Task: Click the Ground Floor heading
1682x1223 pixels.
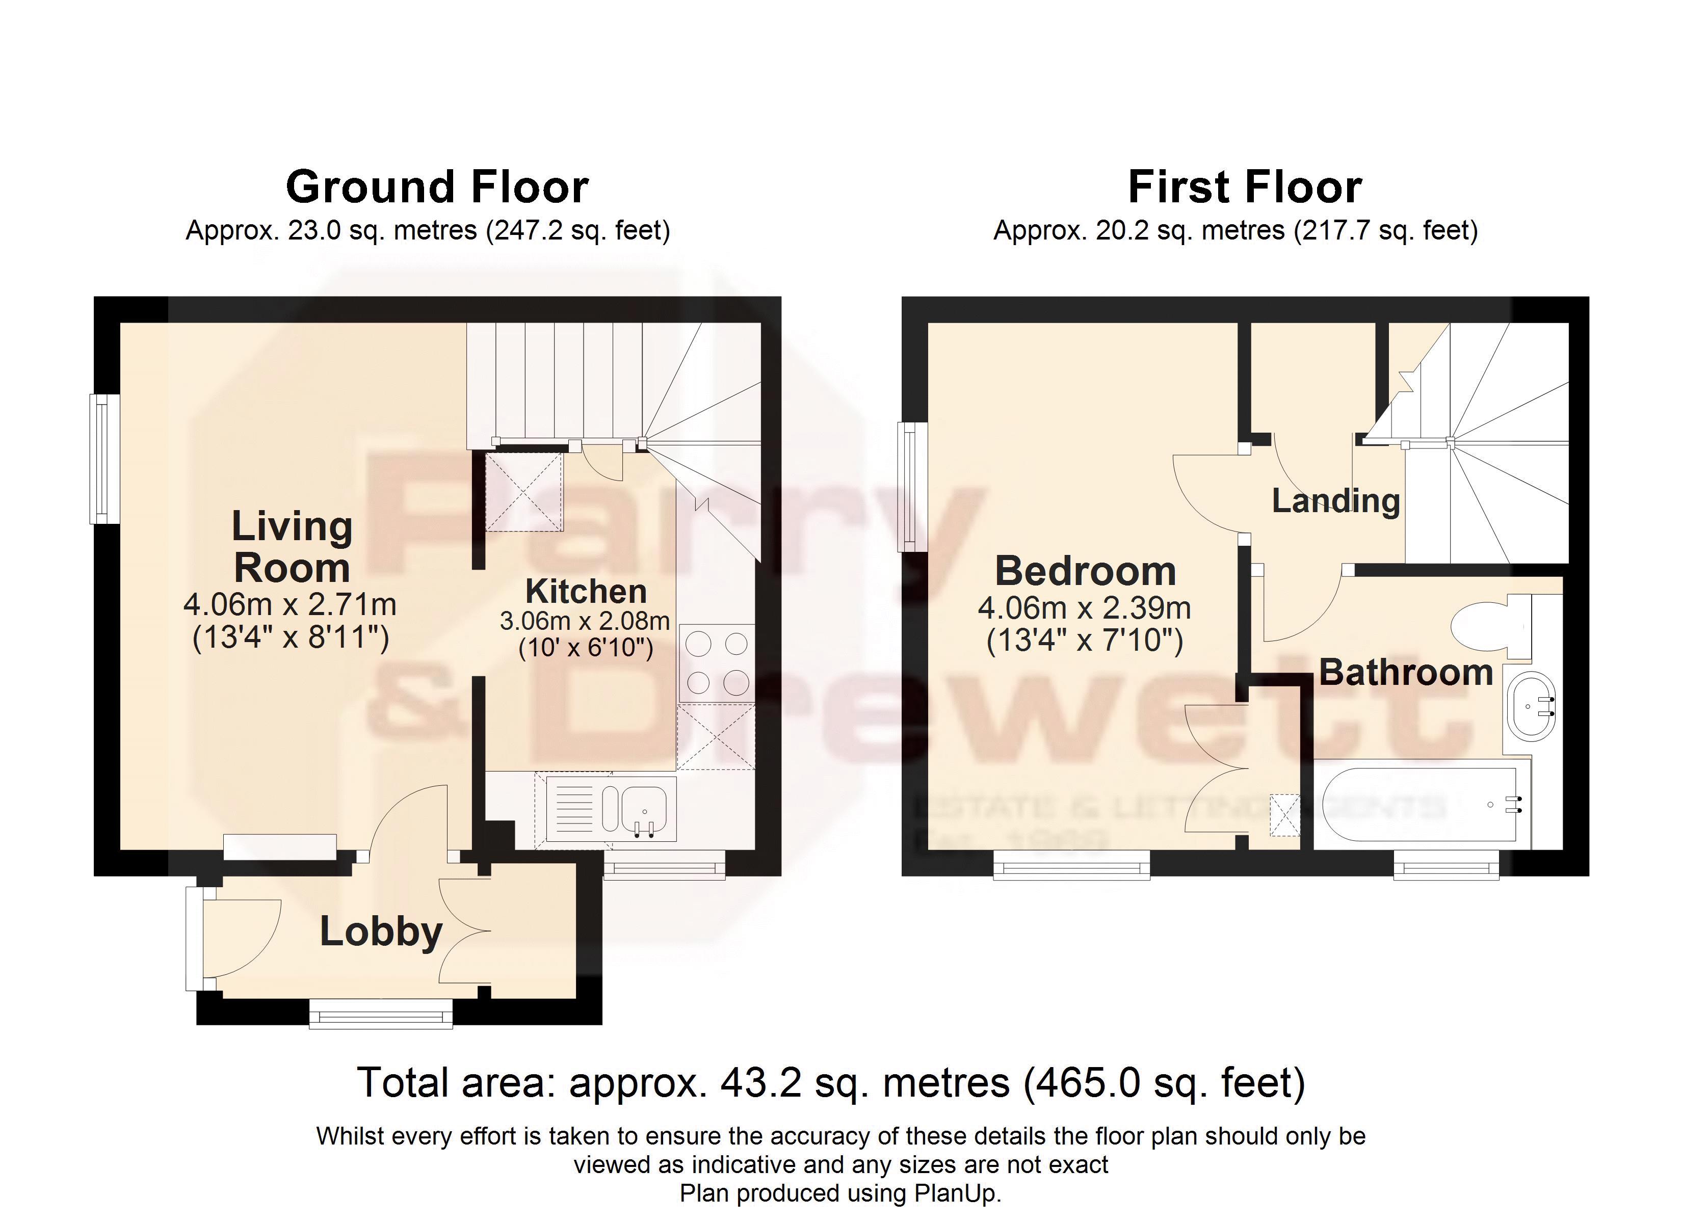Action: pyautogui.click(x=437, y=187)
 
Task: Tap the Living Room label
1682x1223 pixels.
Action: pyautogui.click(x=292, y=547)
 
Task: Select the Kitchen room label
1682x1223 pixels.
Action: pyautogui.click(x=586, y=591)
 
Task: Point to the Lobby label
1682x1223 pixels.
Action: pyautogui.click(x=381, y=931)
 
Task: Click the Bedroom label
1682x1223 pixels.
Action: pyautogui.click(x=1085, y=571)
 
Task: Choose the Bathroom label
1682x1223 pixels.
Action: pyautogui.click(x=1405, y=672)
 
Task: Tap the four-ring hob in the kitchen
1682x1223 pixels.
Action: pyautogui.click(x=717, y=663)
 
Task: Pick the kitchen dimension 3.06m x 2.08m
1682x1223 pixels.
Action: pyautogui.click(x=585, y=620)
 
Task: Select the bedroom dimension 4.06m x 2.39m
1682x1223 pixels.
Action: pyautogui.click(x=1084, y=608)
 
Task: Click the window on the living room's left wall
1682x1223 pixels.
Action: pyautogui.click(x=104, y=458)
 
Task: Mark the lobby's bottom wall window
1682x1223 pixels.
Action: pyautogui.click(x=380, y=1013)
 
